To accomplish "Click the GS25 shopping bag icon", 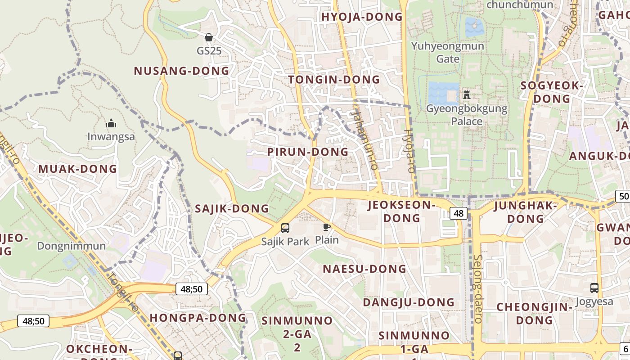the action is (208, 37).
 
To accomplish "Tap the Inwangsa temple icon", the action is (111, 123).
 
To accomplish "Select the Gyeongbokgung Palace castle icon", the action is (467, 95).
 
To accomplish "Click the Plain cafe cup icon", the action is (327, 227).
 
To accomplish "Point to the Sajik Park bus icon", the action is (285, 228).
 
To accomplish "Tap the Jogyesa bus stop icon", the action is (594, 288).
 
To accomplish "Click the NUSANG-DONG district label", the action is (181, 71).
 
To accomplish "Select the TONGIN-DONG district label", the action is (334, 80).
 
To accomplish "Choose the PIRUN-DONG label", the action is (308, 152).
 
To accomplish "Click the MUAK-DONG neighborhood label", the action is (77, 169).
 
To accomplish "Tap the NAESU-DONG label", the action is (364, 269).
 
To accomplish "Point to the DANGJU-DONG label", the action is (409, 302).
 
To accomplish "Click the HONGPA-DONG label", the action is (198, 317).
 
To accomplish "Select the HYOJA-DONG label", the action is (362, 17).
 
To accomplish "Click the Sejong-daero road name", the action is (478, 288).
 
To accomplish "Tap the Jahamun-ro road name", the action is (365, 139).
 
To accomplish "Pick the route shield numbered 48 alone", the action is (458, 213).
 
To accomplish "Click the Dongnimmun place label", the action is (72, 246).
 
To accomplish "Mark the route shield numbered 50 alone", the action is (623, 196).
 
